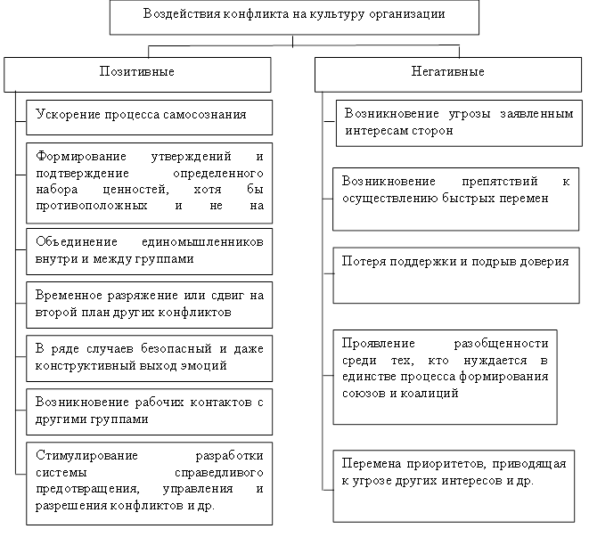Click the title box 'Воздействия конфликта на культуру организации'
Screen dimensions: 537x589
294,17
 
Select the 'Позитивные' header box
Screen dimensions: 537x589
137,74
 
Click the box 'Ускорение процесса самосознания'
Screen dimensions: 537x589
149,116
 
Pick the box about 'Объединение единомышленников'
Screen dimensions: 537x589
149,251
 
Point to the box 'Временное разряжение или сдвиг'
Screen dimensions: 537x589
149,304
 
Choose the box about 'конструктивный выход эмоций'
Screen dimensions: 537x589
149,357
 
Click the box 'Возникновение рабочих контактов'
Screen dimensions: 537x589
149,410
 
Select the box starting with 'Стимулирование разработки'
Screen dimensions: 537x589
149,482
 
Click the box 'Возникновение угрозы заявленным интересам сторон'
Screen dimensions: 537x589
454,123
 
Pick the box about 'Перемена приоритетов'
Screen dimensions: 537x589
454,485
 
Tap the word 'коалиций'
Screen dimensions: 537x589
433,392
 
